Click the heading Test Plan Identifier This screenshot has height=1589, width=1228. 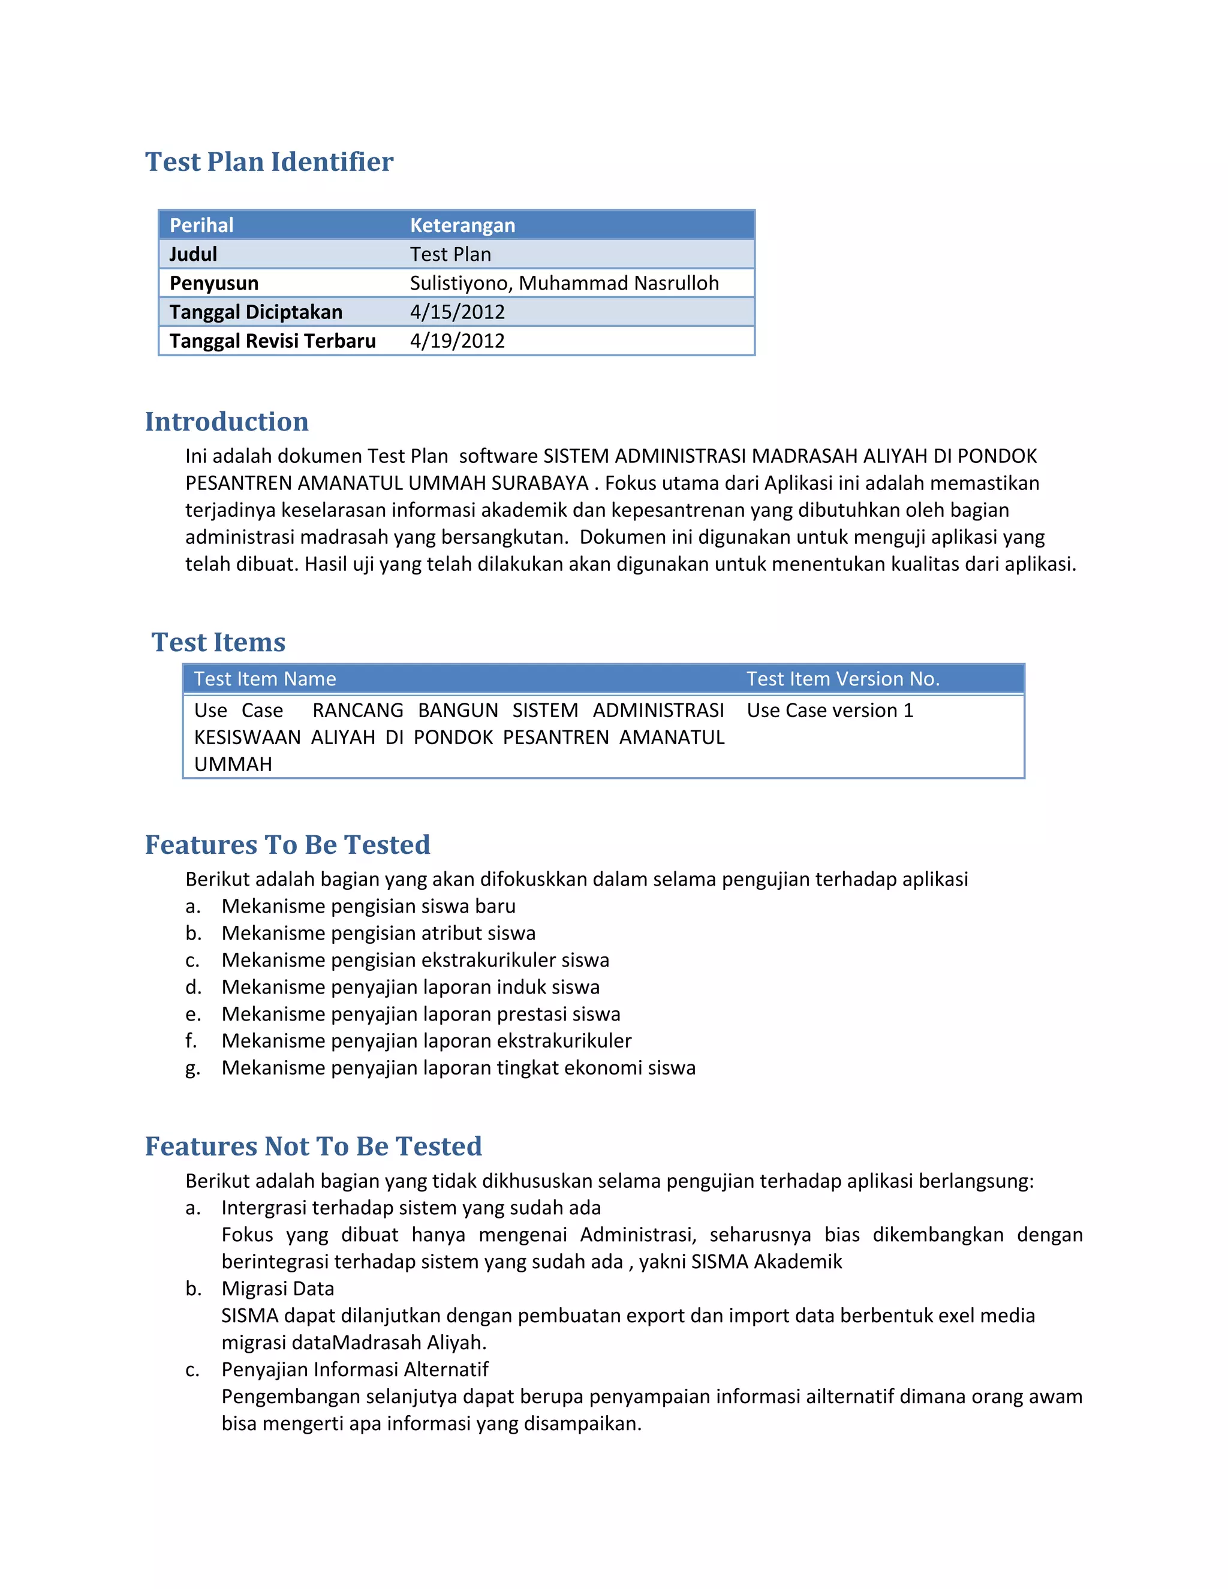(x=269, y=161)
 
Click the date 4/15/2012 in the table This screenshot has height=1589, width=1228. (x=457, y=312)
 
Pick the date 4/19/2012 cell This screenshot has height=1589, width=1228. (x=457, y=341)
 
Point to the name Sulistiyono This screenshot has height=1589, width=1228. (x=460, y=283)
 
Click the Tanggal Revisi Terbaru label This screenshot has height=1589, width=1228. (x=272, y=341)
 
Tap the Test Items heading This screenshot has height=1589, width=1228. (x=218, y=642)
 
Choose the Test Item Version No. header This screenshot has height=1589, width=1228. (x=842, y=679)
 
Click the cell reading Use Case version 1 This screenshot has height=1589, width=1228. (x=829, y=710)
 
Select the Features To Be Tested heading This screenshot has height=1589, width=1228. (x=287, y=844)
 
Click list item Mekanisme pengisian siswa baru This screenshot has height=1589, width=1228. (x=368, y=906)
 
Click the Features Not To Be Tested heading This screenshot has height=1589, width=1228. (x=313, y=1146)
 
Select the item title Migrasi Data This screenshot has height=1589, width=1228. (x=277, y=1289)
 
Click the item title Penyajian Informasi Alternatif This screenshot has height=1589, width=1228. (x=354, y=1370)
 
